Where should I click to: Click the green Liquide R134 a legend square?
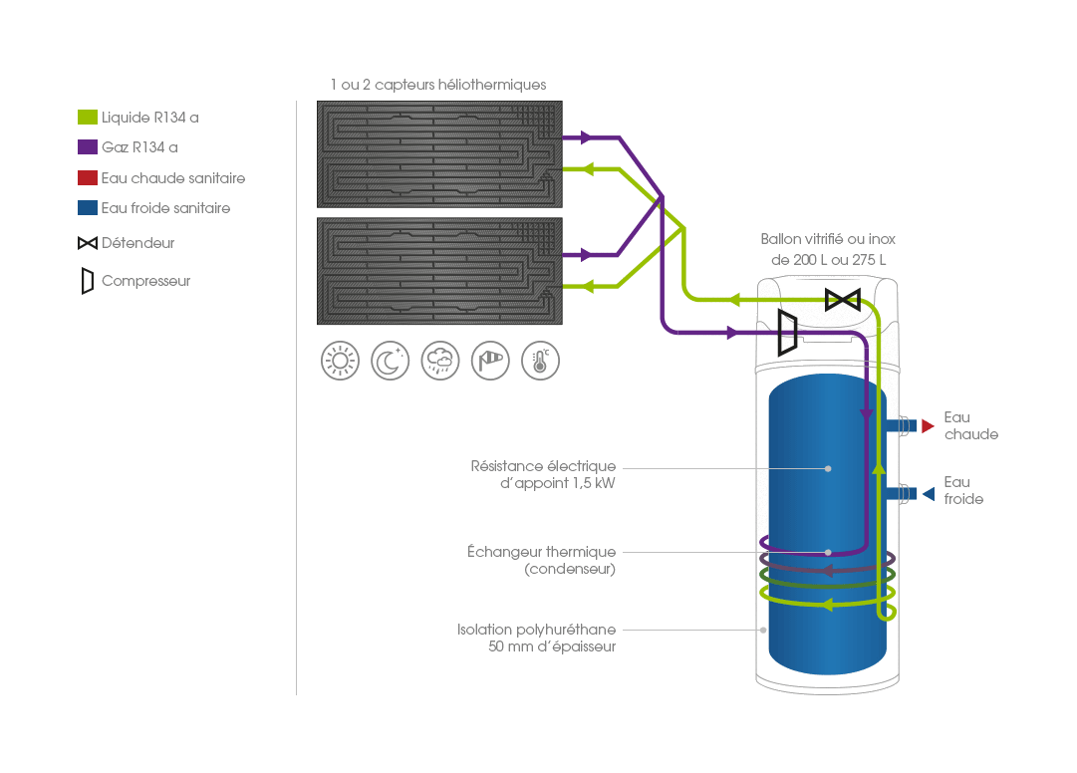click(x=88, y=118)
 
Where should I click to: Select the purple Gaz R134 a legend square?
click(x=88, y=147)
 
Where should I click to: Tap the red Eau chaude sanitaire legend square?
click(x=88, y=178)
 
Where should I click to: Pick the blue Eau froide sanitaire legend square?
click(x=88, y=208)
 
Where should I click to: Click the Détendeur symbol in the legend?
click(x=88, y=243)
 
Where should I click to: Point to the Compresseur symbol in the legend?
click(x=88, y=281)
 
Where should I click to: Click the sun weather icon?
click(x=340, y=361)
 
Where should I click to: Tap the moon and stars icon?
click(x=390, y=361)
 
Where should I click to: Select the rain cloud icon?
click(x=440, y=361)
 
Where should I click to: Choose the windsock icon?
click(x=490, y=361)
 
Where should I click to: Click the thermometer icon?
click(x=540, y=361)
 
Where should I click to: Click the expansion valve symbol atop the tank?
click(x=844, y=299)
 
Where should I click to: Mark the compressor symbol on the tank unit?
click(x=787, y=332)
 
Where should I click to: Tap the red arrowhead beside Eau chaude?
click(x=928, y=426)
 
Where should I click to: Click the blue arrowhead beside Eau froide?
click(x=928, y=493)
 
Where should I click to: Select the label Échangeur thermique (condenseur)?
click(x=541, y=560)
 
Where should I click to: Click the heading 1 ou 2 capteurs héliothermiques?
click(x=438, y=85)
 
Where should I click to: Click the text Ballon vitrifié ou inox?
click(x=828, y=239)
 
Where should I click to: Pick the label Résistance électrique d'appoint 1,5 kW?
click(x=543, y=474)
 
